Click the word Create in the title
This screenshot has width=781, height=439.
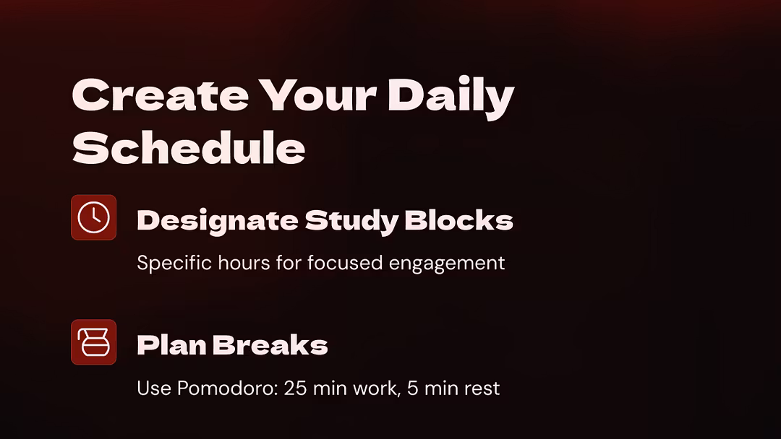161,95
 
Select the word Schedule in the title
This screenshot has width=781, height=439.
189,147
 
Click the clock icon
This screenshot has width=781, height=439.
93,217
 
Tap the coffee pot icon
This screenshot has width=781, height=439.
93,342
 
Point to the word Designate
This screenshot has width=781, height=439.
217,221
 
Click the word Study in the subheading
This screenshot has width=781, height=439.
351,221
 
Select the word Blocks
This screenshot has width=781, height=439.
458,220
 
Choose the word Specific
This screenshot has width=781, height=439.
174,263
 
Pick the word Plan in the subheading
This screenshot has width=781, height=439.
171,345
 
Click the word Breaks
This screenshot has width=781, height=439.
270,345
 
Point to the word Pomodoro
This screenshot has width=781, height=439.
227,388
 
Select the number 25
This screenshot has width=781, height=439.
295,388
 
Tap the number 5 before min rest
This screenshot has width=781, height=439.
412,388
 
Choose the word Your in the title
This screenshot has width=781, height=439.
317,95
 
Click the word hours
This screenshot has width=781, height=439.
244,263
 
